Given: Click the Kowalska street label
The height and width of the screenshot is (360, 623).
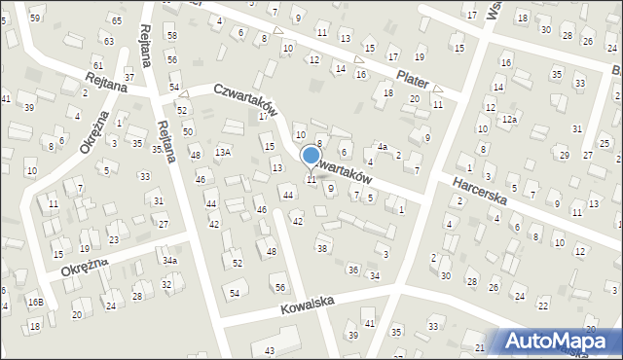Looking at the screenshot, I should point(307,304).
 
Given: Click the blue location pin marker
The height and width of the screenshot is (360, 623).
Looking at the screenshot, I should point(311,156).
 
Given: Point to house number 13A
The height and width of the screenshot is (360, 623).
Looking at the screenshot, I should point(223,152).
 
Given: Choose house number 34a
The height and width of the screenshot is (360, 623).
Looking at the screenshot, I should point(169,261).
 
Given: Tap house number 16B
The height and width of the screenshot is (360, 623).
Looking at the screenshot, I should point(35,303).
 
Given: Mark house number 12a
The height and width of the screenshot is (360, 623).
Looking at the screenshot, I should point(509,118).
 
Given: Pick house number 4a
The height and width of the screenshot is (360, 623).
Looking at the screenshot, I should point(383,147).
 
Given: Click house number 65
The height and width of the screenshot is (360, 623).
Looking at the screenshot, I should point(116,20).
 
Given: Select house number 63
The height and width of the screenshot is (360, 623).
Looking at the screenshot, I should point(109,41).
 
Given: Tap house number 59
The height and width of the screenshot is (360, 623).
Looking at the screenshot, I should point(35,18).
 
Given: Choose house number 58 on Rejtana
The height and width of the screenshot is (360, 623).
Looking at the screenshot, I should point(171,35).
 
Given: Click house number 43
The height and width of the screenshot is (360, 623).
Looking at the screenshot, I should point(269,349).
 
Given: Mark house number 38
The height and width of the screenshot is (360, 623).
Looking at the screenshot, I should point(321,249).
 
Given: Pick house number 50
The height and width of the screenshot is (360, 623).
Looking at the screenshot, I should point(187,130).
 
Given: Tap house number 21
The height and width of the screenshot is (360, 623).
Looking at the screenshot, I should point(480,347).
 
